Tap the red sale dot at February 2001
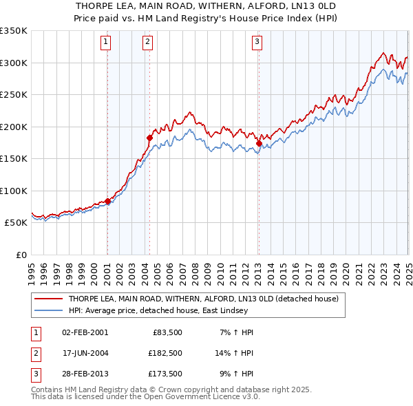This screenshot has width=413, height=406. tap(107, 201)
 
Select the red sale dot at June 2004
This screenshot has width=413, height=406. tap(149, 138)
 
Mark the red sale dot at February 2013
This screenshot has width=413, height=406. tap(259, 143)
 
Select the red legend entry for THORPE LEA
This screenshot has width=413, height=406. tap(202, 299)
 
